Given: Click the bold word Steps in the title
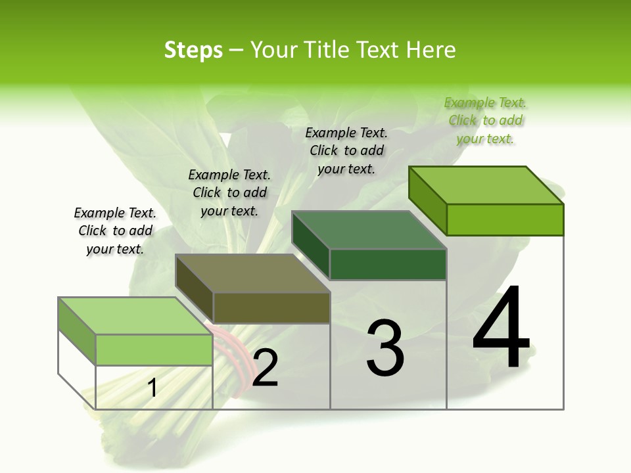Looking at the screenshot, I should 193,50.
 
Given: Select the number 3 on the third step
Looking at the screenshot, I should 385,348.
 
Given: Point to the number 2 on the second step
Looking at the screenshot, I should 265,368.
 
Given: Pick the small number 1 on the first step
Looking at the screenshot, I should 152,388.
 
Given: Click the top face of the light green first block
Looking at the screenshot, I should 135,316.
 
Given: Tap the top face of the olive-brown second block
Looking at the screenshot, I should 252,273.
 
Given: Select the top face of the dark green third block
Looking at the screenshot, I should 369,230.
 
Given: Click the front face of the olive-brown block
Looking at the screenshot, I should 271,307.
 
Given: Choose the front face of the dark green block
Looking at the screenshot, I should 388,264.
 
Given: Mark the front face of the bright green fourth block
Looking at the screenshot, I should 505,219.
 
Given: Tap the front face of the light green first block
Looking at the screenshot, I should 154,349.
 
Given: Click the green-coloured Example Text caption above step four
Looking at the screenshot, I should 485,121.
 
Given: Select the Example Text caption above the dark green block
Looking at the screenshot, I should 346,151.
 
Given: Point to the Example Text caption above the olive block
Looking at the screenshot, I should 229,193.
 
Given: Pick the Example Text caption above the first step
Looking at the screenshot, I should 115,231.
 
